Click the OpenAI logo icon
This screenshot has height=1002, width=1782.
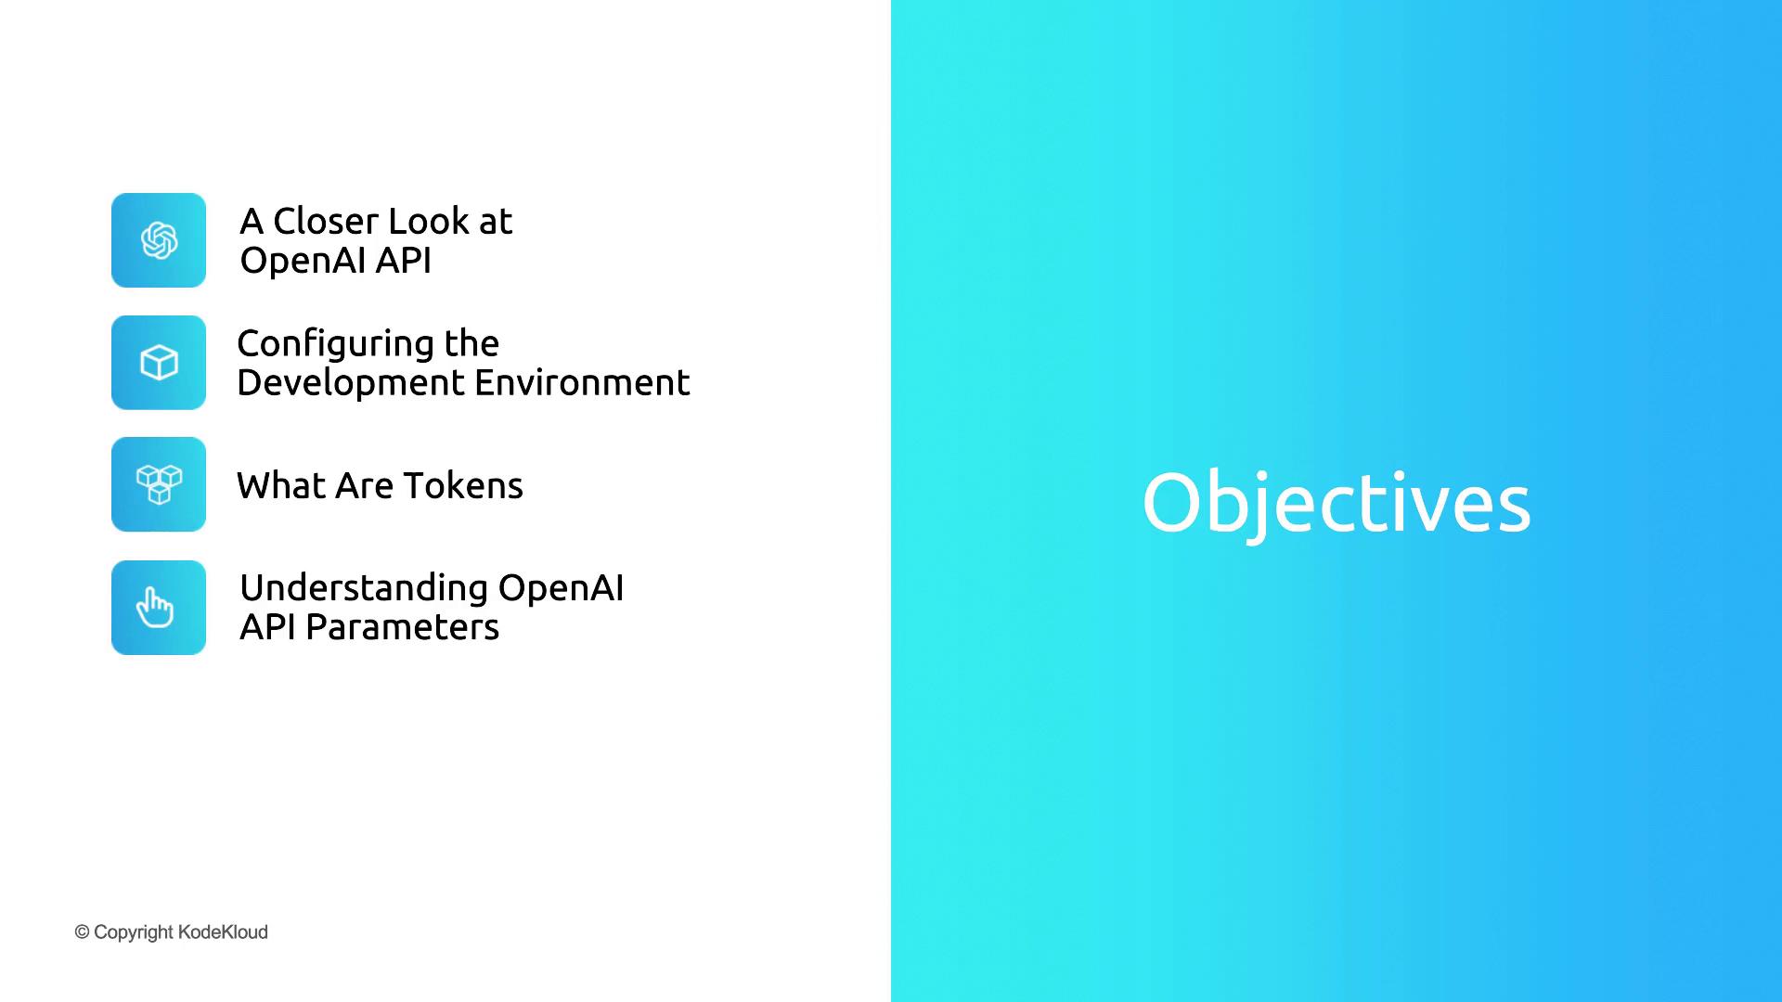pyautogui.click(x=159, y=240)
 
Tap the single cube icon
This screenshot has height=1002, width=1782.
pyautogui.click(x=159, y=363)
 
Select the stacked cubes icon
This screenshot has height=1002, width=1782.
pyautogui.click(x=159, y=484)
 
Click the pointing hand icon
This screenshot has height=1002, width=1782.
pyautogui.click(x=155, y=608)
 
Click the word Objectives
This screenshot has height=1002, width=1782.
pyautogui.click(x=1336, y=504)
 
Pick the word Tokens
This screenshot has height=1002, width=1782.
pyautogui.click(x=463, y=485)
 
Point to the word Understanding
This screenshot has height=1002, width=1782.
pyautogui.click(x=364, y=589)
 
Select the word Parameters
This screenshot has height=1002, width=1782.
pyautogui.click(x=403, y=627)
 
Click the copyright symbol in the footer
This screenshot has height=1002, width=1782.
pyautogui.click(x=82, y=931)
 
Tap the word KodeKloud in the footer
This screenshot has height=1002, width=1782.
pyautogui.click(x=223, y=931)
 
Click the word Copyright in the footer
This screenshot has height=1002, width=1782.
pyautogui.click(x=134, y=932)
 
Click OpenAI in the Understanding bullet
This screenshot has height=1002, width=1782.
pyautogui.click(x=561, y=588)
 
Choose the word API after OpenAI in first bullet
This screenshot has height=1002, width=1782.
pyautogui.click(x=403, y=260)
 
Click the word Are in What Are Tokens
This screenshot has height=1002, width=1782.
pyautogui.click(x=364, y=485)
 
